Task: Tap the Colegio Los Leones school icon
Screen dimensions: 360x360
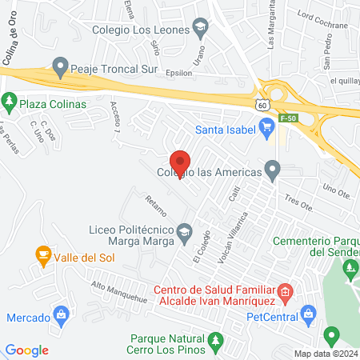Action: click(200, 30)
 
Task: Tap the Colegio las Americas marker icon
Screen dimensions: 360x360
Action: click(273, 169)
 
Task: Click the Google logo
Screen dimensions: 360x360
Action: click(26, 349)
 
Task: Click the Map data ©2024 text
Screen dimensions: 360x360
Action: click(326, 354)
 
